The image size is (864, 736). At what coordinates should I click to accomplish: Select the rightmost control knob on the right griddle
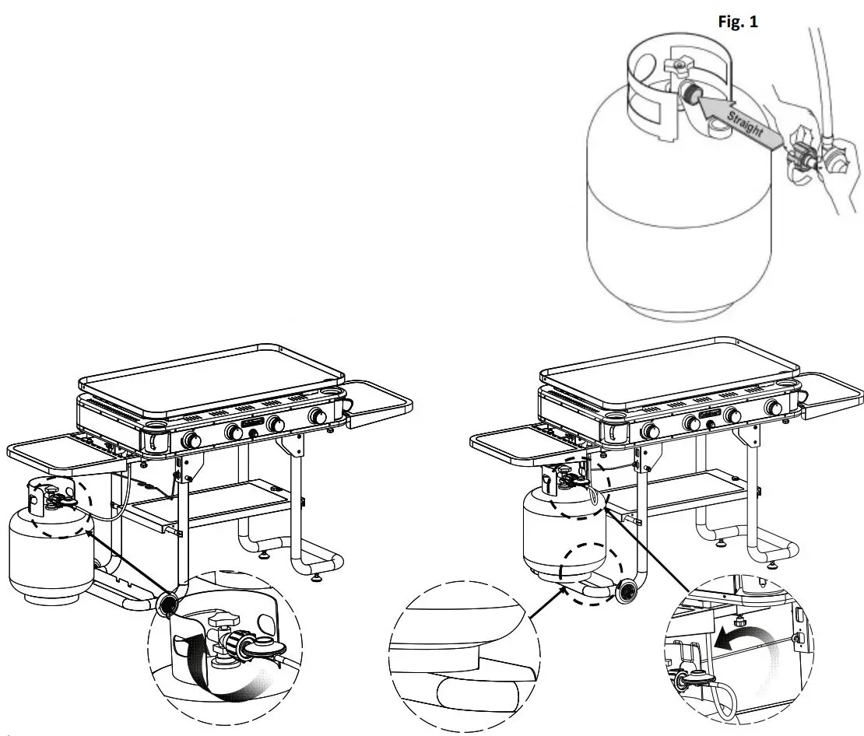click(x=774, y=407)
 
